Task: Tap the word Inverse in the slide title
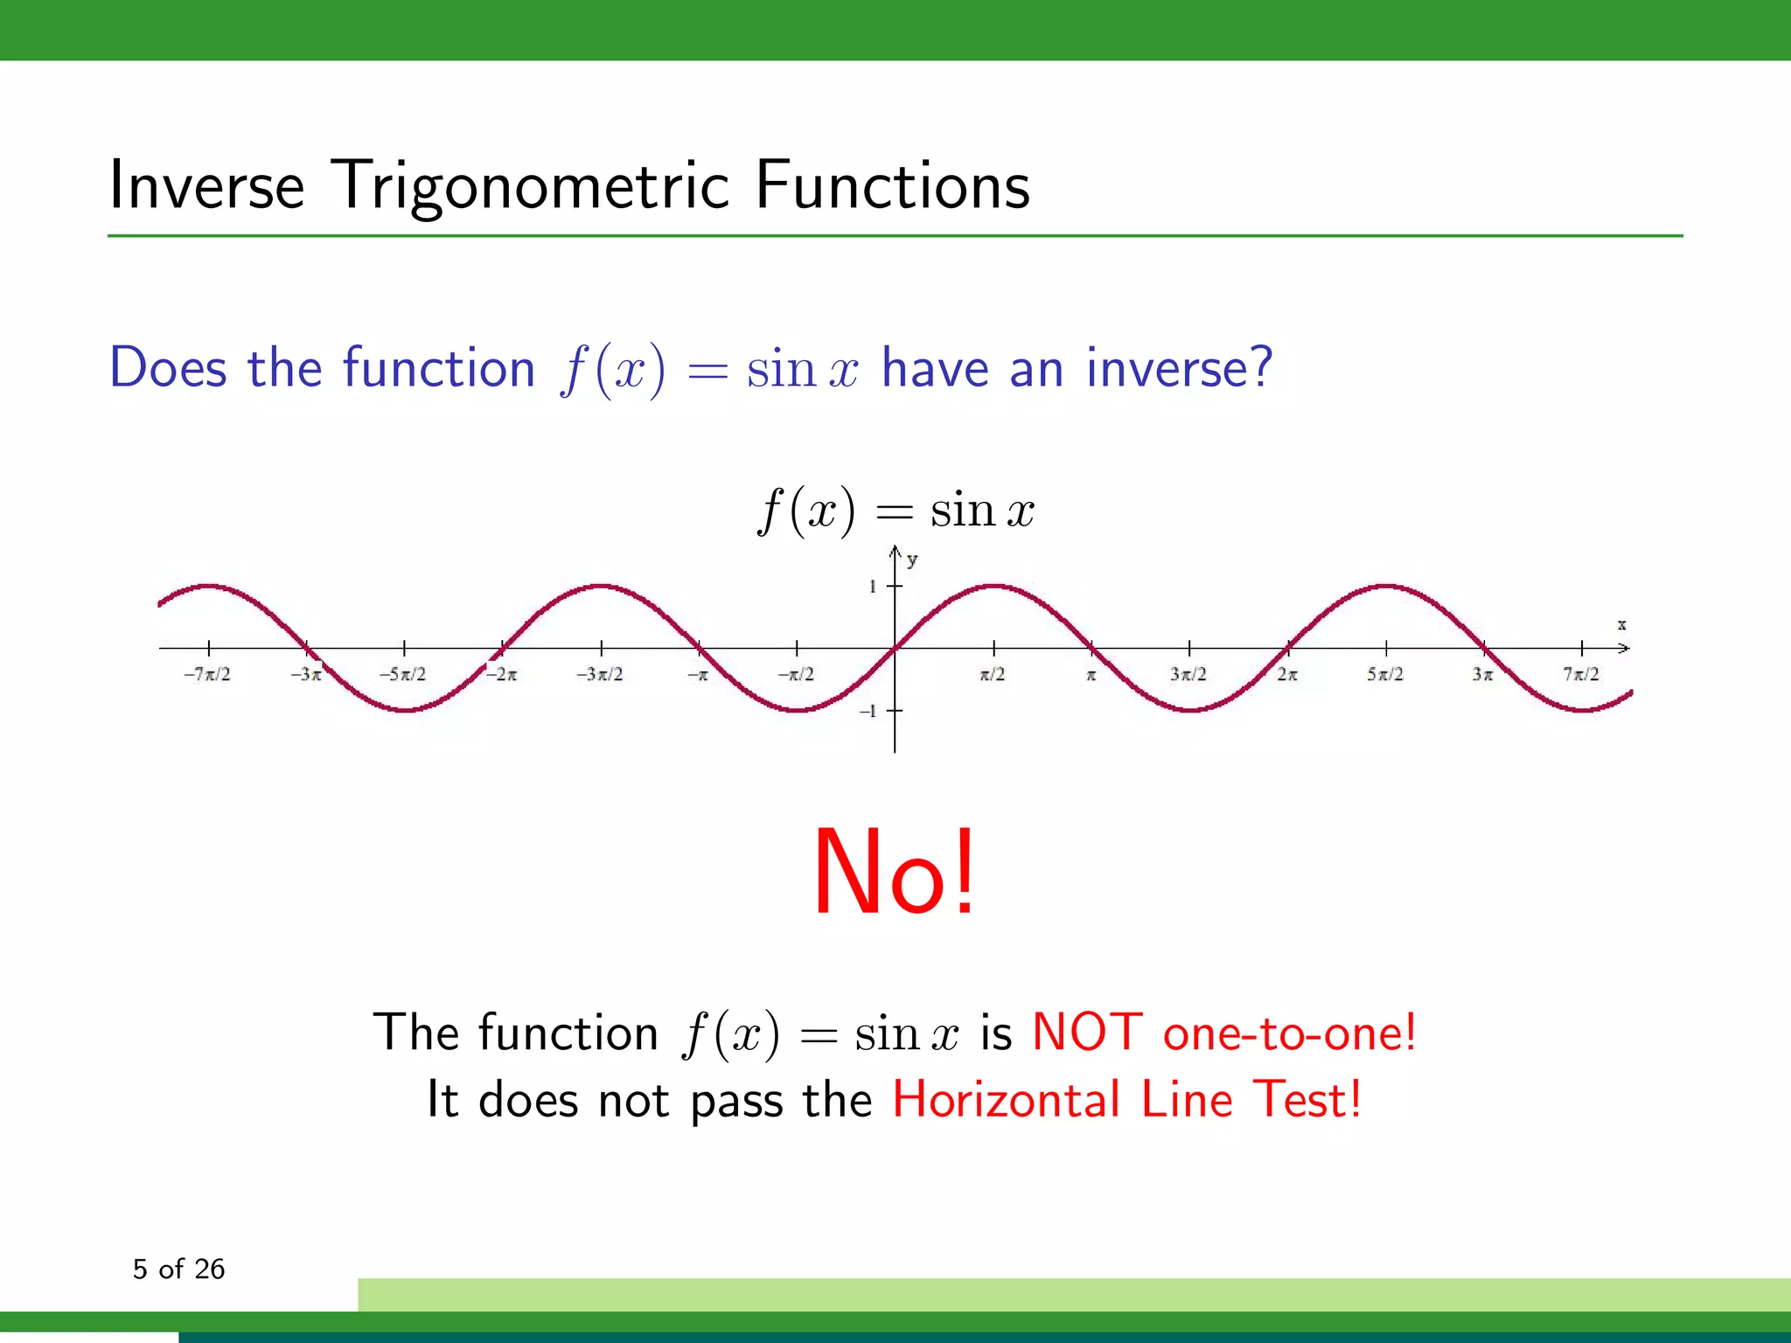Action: click(x=206, y=186)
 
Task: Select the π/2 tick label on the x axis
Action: click(x=993, y=674)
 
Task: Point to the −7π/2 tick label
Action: click(x=207, y=674)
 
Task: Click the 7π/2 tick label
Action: click(x=1581, y=674)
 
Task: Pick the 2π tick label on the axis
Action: click(x=1287, y=674)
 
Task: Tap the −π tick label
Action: click(x=697, y=675)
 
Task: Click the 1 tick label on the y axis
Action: click(x=872, y=587)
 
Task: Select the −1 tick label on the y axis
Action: click(x=868, y=711)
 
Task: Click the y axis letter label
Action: click(x=912, y=560)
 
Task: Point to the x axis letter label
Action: click(x=1621, y=624)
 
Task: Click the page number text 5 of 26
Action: click(x=178, y=1269)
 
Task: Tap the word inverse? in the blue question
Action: click(x=1179, y=367)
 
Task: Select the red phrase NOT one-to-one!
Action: click(x=1223, y=1032)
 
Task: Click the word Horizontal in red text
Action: click(x=1006, y=1099)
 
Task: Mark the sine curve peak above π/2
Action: click(x=993, y=585)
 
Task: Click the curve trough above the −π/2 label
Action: click(x=797, y=710)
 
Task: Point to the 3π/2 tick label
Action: click(x=1188, y=674)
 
